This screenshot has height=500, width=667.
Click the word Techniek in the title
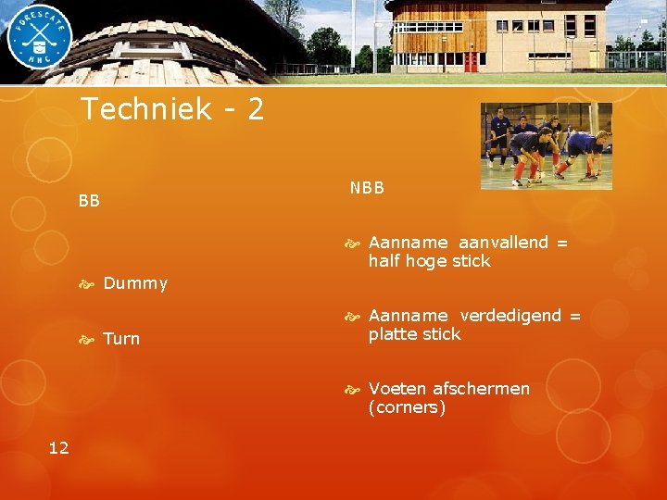pyautogui.click(x=147, y=110)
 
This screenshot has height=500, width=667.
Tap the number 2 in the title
pyautogui.click(x=256, y=110)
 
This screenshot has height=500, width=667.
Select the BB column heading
pyautogui.click(x=89, y=200)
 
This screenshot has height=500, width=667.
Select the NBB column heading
pyautogui.click(x=367, y=188)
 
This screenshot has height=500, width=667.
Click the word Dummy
pyautogui.click(x=135, y=283)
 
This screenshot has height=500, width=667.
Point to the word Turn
pyautogui.click(x=121, y=339)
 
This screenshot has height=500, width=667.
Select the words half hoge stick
pyautogui.click(x=429, y=261)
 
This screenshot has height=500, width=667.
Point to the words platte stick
pyautogui.click(x=414, y=334)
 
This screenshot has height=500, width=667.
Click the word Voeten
pyautogui.click(x=396, y=389)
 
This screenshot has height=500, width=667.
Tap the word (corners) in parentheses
pyautogui.click(x=407, y=407)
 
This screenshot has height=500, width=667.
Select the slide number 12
pyautogui.click(x=58, y=448)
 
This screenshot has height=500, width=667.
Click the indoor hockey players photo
pyautogui.click(x=546, y=145)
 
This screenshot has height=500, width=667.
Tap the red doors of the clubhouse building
pyautogui.click(x=470, y=62)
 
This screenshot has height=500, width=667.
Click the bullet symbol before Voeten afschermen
pyautogui.click(x=352, y=389)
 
